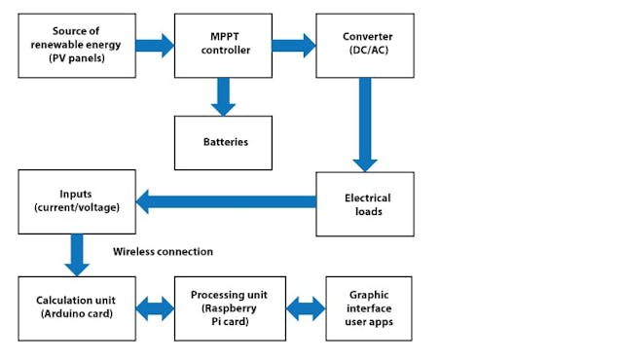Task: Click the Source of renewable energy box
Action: coord(77,46)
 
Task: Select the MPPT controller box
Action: coord(223,46)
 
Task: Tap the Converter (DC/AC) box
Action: coord(365,46)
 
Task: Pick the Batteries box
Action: coord(223,142)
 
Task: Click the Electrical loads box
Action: coord(365,203)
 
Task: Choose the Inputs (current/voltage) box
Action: coord(77,202)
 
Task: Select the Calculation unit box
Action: coord(77,308)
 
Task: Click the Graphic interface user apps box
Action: coord(368,308)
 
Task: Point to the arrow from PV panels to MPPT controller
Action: coord(154,45)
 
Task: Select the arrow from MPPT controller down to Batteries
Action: coord(223,95)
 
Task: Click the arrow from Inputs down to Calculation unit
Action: coord(77,256)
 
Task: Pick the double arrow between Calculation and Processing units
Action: coord(155,309)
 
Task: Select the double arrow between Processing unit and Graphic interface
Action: coord(305,309)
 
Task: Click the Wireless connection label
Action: coord(163,252)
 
